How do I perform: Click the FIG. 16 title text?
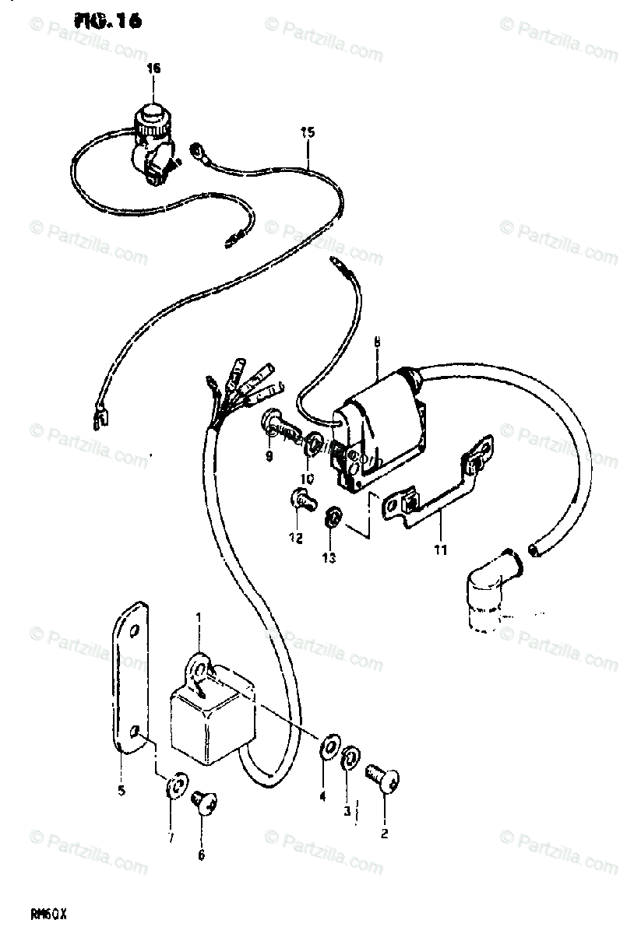click(x=108, y=22)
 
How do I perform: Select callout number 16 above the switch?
click(x=153, y=69)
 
